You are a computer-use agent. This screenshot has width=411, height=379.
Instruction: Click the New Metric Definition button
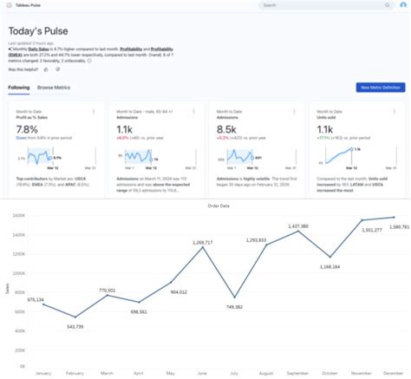pyautogui.click(x=369, y=88)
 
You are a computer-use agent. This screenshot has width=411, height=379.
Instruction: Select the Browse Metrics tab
pyautogui.click(x=54, y=88)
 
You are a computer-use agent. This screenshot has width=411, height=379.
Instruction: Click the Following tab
pyautogui.click(x=18, y=88)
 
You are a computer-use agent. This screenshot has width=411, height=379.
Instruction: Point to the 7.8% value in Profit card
pyautogui.click(x=27, y=128)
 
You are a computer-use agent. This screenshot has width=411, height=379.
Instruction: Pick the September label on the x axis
pyautogui.click(x=297, y=373)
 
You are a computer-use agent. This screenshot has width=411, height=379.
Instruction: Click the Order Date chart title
pyautogui.click(x=206, y=206)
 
